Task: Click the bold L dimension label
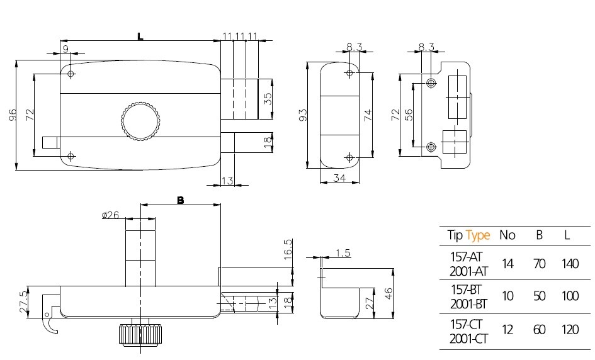[140, 37]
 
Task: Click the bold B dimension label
[181, 200]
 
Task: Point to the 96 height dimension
[13, 115]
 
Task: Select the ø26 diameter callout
[110, 215]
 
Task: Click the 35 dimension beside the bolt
[268, 99]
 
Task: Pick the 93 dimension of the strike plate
[303, 115]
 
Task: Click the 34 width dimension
[339, 178]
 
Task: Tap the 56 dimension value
[409, 115]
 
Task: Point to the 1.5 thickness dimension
[343, 252]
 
